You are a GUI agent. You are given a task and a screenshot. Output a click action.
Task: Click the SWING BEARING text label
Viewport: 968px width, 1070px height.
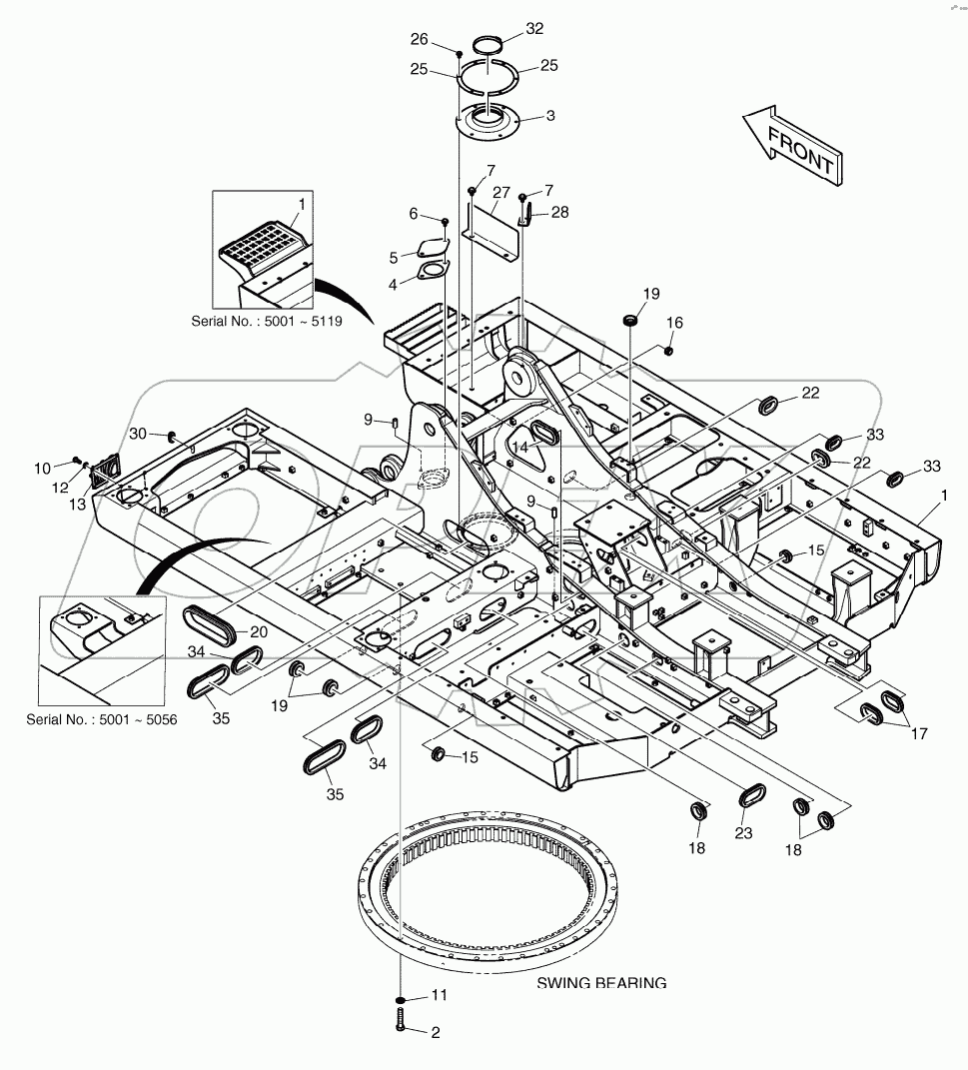(x=601, y=983)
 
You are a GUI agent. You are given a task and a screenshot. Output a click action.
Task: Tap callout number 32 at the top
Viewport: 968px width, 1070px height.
(x=534, y=29)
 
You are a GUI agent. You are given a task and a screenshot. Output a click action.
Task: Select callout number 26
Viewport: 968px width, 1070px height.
(x=419, y=40)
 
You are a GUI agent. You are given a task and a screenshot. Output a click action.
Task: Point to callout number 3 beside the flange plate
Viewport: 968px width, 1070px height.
(x=549, y=116)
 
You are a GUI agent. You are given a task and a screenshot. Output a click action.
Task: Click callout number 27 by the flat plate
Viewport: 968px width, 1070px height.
(x=500, y=192)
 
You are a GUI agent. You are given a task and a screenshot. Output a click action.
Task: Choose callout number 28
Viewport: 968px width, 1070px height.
(x=559, y=212)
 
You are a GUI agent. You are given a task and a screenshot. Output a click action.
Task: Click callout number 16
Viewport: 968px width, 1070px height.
(x=675, y=323)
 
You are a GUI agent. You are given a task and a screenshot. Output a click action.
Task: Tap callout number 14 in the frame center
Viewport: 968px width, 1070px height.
(x=519, y=446)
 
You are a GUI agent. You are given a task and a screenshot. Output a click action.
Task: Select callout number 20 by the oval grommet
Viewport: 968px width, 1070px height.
(x=259, y=631)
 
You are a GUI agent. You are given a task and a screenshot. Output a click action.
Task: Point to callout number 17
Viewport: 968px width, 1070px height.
(x=917, y=733)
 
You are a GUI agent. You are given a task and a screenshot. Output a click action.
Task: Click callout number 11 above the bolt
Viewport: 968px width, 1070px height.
(x=440, y=996)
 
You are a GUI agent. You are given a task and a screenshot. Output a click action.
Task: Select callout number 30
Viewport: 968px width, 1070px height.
(x=138, y=433)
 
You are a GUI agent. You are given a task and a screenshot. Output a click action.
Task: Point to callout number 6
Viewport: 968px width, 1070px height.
(x=414, y=214)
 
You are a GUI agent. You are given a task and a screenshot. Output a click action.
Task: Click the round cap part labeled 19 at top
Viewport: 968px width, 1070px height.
(x=630, y=321)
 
